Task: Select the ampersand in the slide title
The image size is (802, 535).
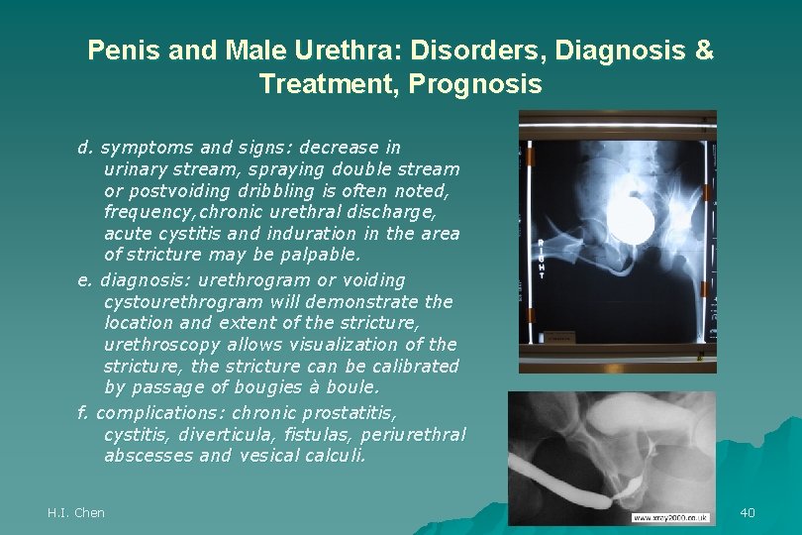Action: pos(703,51)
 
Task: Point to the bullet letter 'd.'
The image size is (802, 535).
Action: pos(85,148)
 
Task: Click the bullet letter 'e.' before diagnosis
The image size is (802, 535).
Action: pos(85,280)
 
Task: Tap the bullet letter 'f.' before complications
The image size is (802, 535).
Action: pos(84,412)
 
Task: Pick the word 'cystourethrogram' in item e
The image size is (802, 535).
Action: pos(183,301)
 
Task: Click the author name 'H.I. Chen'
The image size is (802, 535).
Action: pos(76,512)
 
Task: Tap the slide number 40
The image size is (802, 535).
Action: pos(748,512)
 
